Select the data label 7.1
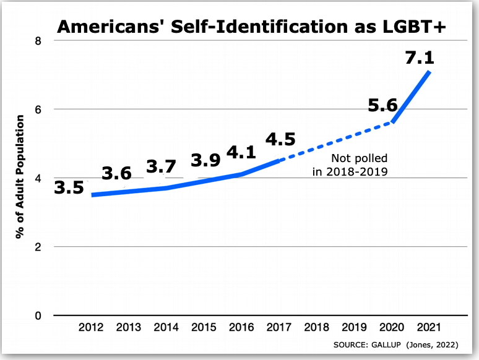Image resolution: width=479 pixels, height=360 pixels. [x=419, y=58]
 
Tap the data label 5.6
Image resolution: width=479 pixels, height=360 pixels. [x=382, y=106]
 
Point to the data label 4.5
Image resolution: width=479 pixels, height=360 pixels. [x=280, y=139]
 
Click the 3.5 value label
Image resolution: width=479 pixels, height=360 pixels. [x=69, y=187]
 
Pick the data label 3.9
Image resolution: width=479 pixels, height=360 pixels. [x=206, y=160]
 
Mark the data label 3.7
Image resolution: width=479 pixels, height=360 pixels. [x=161, y=167]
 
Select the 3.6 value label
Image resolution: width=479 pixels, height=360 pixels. [x=116, y=174]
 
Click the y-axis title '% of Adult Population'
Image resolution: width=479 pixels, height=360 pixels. [x=21, y=178]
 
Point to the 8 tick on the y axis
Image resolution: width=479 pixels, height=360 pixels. [x=38, y=41]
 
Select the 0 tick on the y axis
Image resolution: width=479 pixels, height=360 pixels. [x=38, y=315]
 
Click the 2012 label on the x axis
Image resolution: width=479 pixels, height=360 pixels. [x=92, y=327]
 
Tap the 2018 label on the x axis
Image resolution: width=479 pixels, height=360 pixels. [x=317, y=327]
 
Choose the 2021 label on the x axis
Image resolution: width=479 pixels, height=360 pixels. [x=429, y=327]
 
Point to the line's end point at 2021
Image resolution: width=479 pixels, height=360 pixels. [x=429, y=72]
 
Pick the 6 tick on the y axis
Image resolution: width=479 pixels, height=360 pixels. [x=38, y=109]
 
